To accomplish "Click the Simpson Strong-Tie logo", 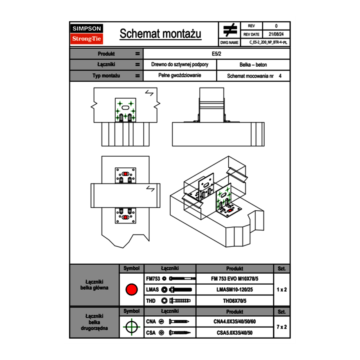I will [87, 34].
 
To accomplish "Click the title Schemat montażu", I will [160, 34].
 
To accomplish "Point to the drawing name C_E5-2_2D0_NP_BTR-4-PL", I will [268, 42].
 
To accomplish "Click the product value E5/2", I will [216, 54].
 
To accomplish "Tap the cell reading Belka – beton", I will [253, 65].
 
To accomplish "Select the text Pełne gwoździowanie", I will [180, 76].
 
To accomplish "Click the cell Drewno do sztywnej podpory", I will [180, 65].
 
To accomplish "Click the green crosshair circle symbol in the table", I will [131, 327].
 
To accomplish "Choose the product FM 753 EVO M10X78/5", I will [234, 279].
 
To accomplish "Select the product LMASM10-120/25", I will [234, 290].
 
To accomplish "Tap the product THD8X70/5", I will [234, 301].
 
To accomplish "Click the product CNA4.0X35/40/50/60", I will [234, 322].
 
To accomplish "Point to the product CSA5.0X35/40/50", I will [234, 333].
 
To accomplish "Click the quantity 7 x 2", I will [281, 327].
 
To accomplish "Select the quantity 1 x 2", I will [281, 290].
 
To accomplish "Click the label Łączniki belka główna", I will [94, 285].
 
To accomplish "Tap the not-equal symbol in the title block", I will [230, 30].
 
